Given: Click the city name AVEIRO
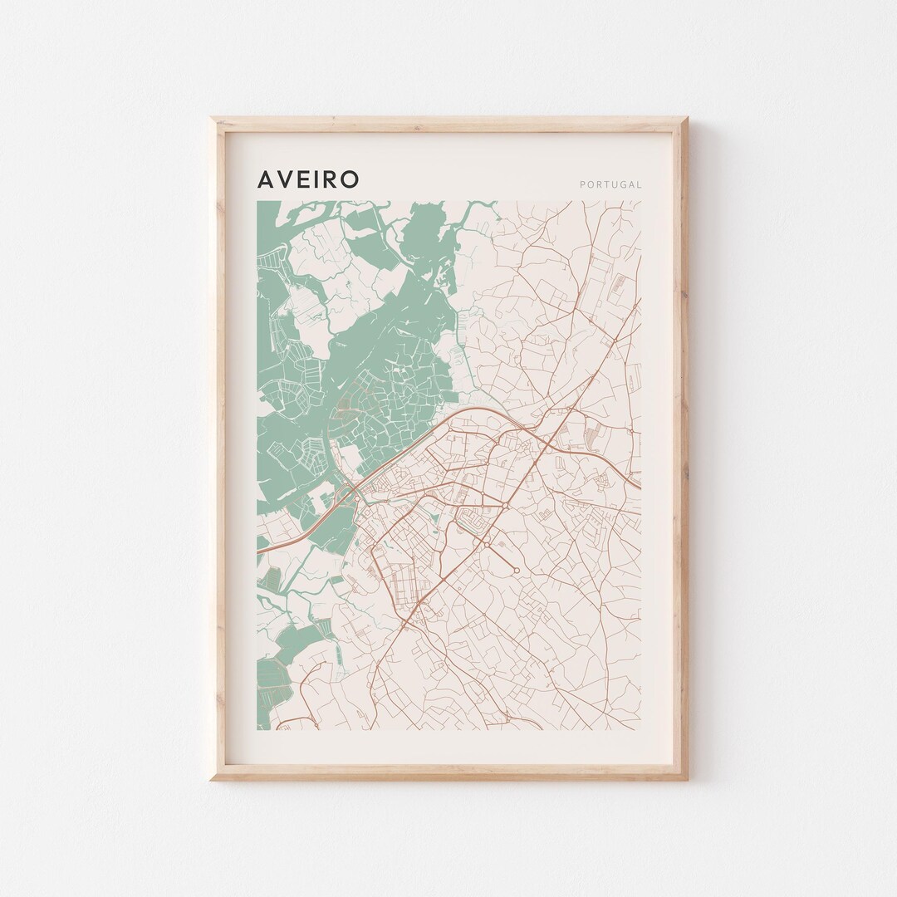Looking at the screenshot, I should click(308, 179).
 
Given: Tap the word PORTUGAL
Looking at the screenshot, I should click(610, 184).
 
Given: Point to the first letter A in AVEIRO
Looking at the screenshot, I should click(266, 179).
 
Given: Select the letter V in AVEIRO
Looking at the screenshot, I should click(286, 179).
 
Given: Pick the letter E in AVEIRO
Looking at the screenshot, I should click(305, 179).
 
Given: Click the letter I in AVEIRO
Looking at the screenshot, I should click(319, 179).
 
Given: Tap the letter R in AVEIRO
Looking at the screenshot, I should click(332, 179).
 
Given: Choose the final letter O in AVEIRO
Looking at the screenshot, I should click(351, 179).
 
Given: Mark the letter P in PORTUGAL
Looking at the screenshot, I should click(582, 184).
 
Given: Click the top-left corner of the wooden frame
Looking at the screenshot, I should click(211, 118).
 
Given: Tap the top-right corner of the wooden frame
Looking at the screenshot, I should click(687, 118).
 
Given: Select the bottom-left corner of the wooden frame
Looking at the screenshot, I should click(211, 779).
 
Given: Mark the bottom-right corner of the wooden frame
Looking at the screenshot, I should click(687, 779).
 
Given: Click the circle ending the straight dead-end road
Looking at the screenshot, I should click(515, 570).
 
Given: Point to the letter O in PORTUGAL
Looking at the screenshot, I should click(589, 184).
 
